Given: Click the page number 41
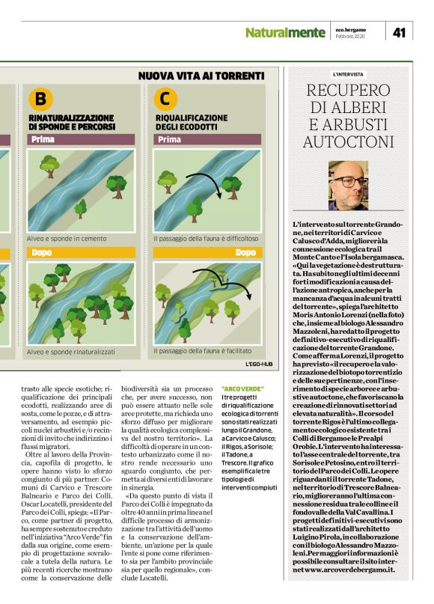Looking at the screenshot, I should pos(399,31).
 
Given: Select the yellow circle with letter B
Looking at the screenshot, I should pos(40,98).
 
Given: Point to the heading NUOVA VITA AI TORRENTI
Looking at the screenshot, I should pos(202,76).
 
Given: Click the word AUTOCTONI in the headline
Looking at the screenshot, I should pos(348,142).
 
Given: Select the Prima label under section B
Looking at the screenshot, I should pos(45,140).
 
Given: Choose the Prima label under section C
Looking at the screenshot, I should pos(171,140).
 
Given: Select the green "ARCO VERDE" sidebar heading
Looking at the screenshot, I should pos(242,388).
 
